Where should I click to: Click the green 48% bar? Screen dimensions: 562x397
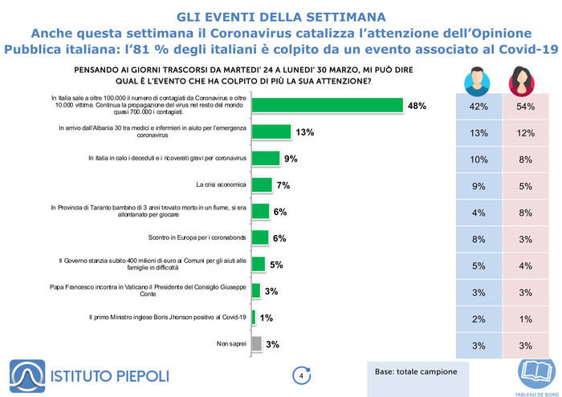coord(328,105)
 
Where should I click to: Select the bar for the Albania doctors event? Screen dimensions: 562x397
coord(271,132)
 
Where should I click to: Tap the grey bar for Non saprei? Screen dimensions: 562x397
coord(257,343)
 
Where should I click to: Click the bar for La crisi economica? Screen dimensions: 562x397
coord(262,184)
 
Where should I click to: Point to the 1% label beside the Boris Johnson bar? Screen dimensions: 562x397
coord(267,318)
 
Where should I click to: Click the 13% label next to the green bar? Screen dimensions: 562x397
coord(304,132)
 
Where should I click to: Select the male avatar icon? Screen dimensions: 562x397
coord(477,82)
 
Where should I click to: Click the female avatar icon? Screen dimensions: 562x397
coord(522,82)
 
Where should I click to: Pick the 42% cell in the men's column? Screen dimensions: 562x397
coord(479,107)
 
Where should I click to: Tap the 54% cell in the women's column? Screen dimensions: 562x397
coord(526,107)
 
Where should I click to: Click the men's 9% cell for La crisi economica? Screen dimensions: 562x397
coord(479,186)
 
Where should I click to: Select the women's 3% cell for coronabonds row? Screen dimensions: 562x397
coord(526,239)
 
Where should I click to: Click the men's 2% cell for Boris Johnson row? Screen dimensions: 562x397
coord(479,319)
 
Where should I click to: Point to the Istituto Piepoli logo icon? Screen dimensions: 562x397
coord(27,376)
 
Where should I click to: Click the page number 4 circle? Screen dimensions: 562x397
coord(301,376)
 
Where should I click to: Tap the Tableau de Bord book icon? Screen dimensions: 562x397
coord(536,375)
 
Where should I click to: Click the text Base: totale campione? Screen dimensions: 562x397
coord(416,371)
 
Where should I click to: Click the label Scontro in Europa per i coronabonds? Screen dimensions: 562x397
coord(198,237)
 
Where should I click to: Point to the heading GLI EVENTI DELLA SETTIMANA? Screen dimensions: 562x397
coord(281,17)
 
